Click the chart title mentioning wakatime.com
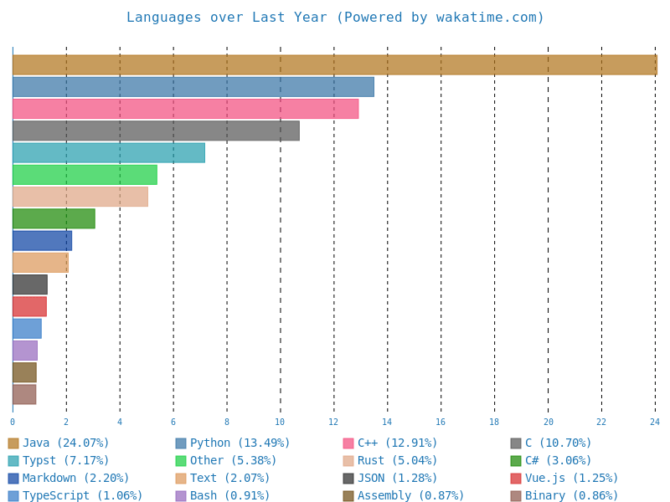335,18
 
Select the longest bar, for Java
334,65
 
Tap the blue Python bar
193,87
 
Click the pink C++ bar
185,109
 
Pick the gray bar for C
156,131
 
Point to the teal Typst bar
108,152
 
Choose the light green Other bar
85,175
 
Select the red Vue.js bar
29,306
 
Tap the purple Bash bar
25,351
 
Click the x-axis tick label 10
280,423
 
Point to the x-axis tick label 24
655,423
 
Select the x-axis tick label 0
13,423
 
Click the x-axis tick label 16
441,423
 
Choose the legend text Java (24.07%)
66,443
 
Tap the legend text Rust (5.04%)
398,461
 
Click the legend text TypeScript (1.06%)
83,496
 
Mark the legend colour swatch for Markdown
13,479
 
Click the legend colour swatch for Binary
516,496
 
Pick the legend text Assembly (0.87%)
411,496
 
